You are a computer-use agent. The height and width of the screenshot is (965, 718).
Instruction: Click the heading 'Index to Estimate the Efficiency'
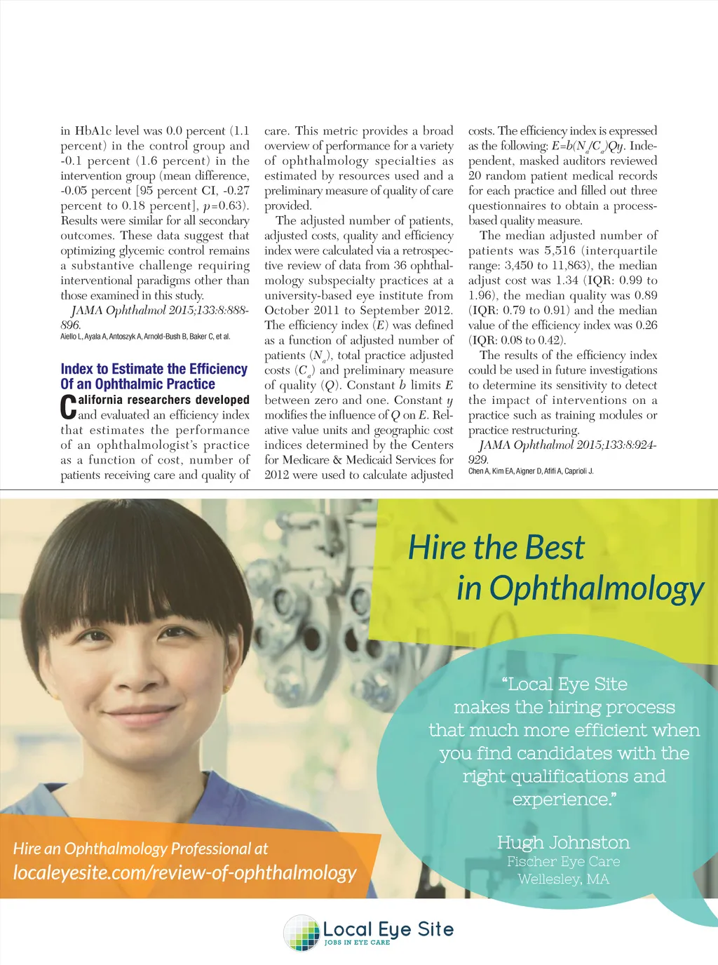click(154, 369)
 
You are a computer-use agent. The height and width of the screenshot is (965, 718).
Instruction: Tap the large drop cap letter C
click(68, 407)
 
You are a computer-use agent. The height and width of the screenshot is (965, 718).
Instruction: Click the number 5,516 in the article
click(560, 250)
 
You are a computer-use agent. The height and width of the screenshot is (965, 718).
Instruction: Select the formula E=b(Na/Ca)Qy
click(588, 146)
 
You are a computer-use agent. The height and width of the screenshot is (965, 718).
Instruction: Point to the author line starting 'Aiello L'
click(145, 337)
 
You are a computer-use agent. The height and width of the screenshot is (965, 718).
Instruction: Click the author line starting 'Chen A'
click(531, 471)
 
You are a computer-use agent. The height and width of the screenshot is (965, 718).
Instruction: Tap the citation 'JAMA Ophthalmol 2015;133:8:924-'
click(567, 445)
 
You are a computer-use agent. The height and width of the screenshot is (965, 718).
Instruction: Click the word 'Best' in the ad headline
click(554, 548)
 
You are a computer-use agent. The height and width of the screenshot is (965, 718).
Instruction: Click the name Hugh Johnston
click(563, 842)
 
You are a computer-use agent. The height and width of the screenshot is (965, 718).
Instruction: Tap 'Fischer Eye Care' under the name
click(563, 861)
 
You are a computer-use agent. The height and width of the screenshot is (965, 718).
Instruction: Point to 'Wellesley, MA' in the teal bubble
click(563, 879)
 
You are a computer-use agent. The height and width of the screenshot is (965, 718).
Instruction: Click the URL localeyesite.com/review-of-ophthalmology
click(184, 872)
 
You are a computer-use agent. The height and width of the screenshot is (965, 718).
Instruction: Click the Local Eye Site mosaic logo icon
click(302, 933)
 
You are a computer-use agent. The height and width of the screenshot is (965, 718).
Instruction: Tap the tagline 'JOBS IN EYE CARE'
click(357, 943)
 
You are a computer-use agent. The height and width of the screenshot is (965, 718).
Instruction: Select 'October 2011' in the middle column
click(302, 310)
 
